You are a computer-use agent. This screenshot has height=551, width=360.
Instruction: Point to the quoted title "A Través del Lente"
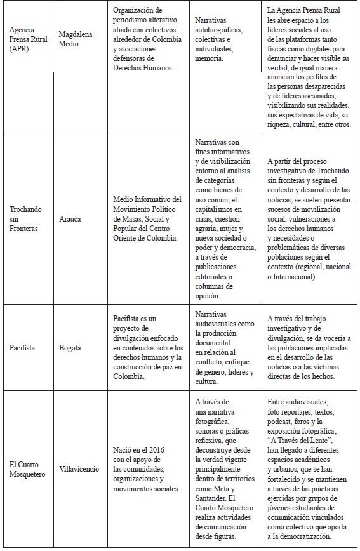point(301,439)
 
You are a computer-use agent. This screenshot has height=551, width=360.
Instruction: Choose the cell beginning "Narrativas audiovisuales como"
point(223,349)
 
